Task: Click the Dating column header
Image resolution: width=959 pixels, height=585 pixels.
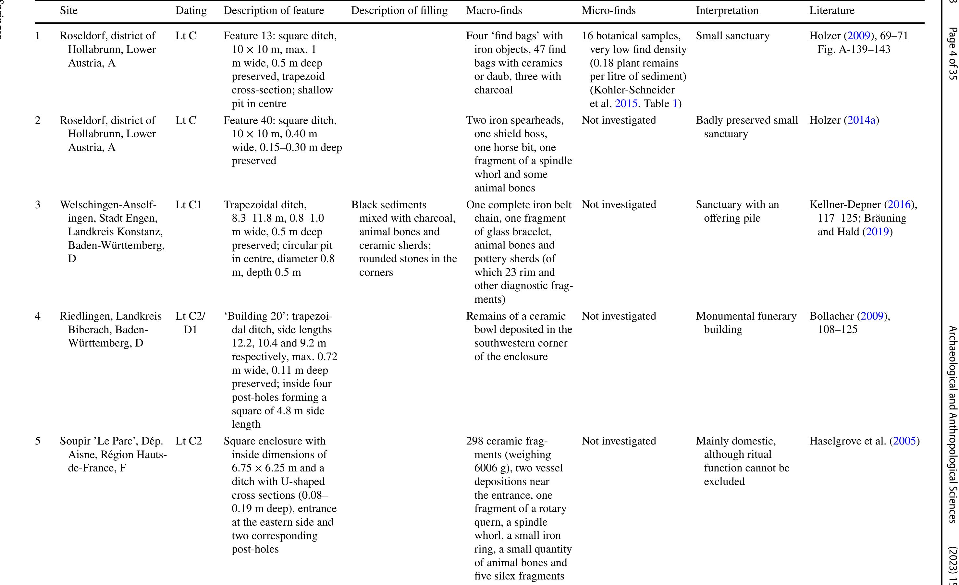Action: point(191,10)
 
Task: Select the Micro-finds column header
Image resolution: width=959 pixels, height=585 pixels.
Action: point(608,10)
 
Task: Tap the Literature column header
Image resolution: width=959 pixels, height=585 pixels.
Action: point(832,10)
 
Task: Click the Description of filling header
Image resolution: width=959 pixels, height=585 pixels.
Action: point(399,10)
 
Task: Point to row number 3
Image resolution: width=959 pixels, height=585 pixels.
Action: point(38,205)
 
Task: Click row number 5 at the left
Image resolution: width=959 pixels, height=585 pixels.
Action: point(38,441)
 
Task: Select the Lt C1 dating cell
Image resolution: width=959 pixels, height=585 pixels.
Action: point(188,205)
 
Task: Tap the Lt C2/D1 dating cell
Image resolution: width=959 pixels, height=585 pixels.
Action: point(190,323)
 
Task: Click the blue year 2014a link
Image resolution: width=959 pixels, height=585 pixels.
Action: point(861,120)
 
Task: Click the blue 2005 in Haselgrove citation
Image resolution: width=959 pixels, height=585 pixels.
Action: point(904,441)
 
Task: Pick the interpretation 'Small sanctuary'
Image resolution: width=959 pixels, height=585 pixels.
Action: point(732,36)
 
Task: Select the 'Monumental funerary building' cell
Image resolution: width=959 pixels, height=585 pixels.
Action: point(746,323)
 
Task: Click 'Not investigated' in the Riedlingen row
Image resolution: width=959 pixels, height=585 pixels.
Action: point(619,316)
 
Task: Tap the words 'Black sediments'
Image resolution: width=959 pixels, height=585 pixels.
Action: point(388,205)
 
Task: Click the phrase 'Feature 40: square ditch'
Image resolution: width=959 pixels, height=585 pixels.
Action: point(280,120)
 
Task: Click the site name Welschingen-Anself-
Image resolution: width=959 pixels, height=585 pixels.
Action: point(108,205)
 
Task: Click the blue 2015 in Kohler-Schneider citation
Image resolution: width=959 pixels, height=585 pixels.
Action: point(626,104)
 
